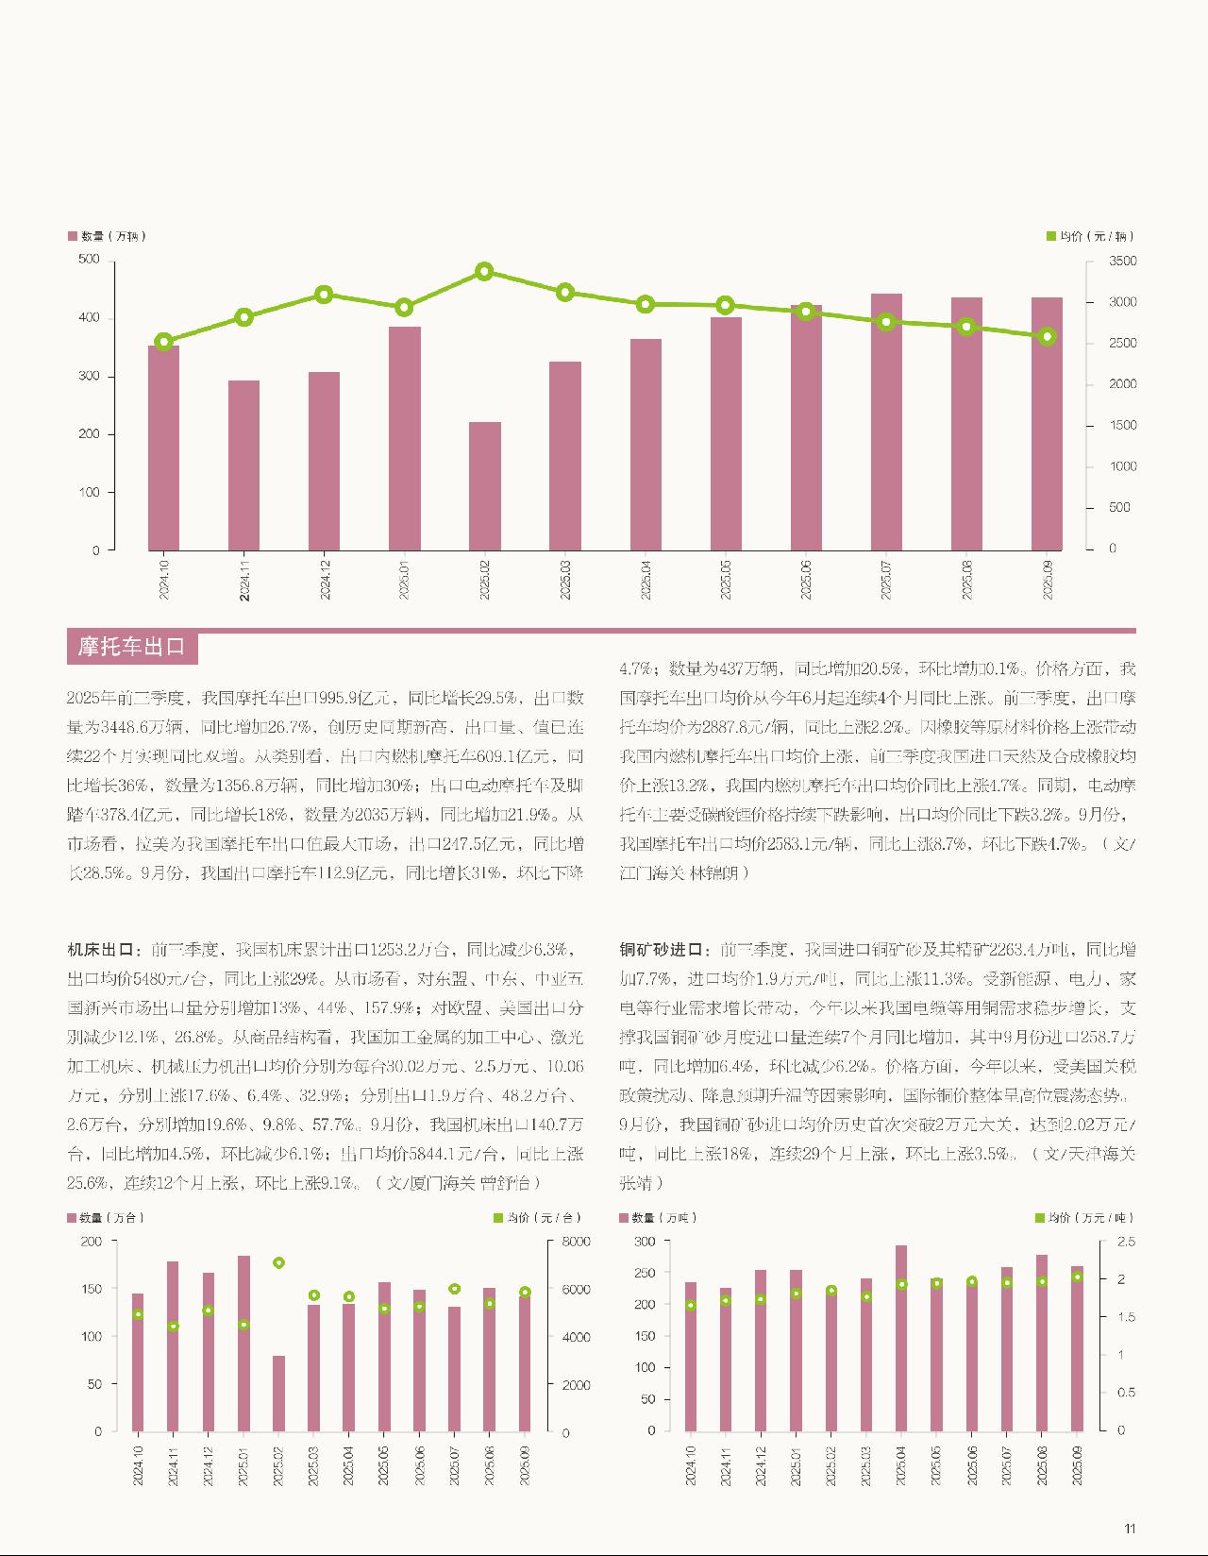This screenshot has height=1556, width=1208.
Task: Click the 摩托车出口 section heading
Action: click(132, 647)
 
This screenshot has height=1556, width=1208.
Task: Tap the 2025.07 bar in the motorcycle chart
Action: click(886, 421)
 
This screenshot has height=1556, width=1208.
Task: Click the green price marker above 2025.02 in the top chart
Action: click(485, 272)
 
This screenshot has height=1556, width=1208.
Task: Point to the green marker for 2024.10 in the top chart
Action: click(163, 342)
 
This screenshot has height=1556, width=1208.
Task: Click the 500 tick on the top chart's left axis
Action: click(90, 259)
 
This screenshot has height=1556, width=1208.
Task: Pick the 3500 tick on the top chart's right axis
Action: click(1123, 261)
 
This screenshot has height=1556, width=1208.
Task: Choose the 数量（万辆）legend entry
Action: click(107, 236)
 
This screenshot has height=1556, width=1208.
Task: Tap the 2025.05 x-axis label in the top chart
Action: click(725, 577)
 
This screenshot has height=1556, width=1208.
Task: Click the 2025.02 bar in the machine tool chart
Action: click(278, 1393)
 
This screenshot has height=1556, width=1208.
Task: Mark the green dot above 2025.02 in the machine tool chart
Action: click(278, 1262)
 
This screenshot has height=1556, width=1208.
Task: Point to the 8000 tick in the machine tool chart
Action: click(577, 1242)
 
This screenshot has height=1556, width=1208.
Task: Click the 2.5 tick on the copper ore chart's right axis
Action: click(1126, 1242)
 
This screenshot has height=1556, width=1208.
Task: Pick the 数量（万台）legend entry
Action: click(106, 1218)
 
